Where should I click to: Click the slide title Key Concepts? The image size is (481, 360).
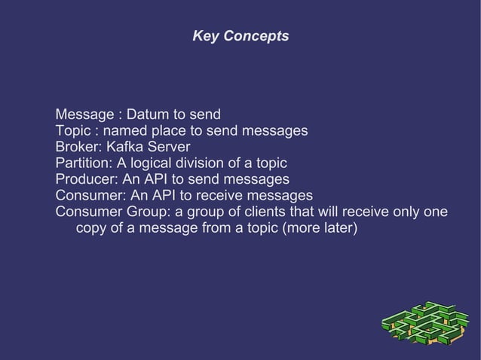(240, 36)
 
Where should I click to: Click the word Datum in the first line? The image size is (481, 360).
(148, 115)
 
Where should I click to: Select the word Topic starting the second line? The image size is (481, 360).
(73, 131)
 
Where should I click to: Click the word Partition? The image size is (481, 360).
(83, 163)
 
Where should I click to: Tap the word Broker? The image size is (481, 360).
(78, 147)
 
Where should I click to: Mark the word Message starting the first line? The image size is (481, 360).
(84, 115)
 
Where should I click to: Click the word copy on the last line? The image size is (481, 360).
(91, 227)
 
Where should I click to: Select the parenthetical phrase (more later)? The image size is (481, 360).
(317, 227)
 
